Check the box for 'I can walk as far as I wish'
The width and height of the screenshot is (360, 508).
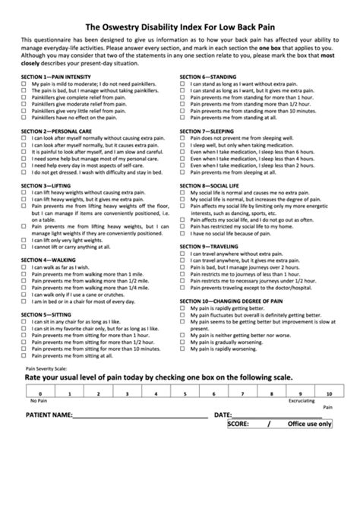tap(25, 267)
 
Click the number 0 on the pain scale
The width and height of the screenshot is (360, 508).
tap(35, 393)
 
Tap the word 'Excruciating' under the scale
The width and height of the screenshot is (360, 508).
tap(302, 402)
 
